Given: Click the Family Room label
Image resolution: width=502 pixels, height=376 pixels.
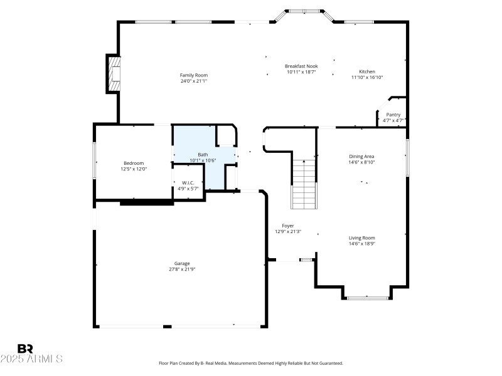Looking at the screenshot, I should coord(194,75).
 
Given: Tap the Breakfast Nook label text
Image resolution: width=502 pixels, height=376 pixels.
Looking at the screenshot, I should coord(301,66).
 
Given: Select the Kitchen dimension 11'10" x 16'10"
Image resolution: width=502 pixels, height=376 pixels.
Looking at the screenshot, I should coord(366,78).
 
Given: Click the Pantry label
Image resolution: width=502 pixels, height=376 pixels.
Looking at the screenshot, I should coord(393,115).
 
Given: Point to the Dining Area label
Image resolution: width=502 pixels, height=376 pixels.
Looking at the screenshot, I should coord(361,156).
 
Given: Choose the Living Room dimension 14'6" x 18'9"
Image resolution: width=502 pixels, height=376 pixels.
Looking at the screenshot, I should coord(361,244).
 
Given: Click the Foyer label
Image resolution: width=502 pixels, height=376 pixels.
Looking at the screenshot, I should coord(287,226).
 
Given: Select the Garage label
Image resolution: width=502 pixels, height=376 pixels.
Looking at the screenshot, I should coord(182,263).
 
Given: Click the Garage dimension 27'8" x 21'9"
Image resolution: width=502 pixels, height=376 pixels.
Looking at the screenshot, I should coord(182,269).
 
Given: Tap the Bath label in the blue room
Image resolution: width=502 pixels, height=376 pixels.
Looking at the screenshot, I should coord(203,154).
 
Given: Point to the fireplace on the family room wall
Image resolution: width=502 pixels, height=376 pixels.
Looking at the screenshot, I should coord(113,74).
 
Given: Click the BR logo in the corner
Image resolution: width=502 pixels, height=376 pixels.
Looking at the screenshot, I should coord(25,348).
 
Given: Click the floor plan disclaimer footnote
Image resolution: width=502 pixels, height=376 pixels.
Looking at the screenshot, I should coord(251,363).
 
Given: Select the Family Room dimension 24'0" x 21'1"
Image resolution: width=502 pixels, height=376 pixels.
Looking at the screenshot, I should coord(194,81).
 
